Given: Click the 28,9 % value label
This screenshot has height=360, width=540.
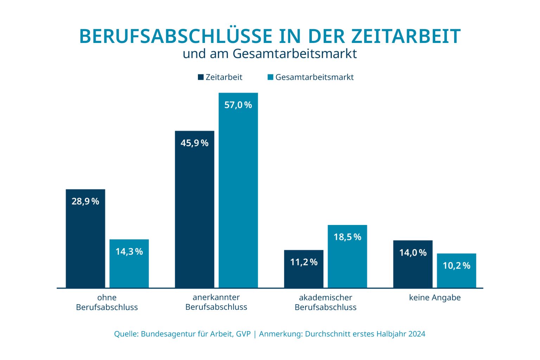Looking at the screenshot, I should click(x=85, y=201).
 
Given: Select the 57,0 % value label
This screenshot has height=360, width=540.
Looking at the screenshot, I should click(x=238, y=105).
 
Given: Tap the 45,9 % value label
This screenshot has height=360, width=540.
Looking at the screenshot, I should click(x=194, y=143).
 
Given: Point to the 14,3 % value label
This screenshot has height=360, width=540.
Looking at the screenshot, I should click(x=129, y=252).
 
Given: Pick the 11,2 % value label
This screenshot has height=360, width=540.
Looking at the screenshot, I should click(x=304, y=262).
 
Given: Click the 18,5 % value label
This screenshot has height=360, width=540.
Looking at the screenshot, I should click(x=347, y=237).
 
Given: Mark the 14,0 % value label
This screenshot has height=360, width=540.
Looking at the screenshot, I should click(x=413, y=253).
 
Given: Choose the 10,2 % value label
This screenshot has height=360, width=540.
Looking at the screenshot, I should click(x=456, y=266).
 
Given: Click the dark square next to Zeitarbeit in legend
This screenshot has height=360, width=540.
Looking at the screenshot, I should click(x=201, y=77).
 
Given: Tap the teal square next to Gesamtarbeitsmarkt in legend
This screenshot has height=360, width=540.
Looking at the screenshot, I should click(x=270, y=77).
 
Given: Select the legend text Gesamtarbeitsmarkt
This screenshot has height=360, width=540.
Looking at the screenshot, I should click(x=314, y=77).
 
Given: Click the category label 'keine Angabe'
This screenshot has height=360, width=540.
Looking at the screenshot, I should click(x=435, y=298).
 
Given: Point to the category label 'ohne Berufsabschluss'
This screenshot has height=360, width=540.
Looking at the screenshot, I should click(x=107, y=302).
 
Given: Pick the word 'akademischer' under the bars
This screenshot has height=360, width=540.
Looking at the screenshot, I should click(x=326, y=298).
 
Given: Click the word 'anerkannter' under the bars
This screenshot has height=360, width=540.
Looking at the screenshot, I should click(x=216, y=297).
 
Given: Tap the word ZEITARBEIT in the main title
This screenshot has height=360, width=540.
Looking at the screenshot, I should click(x=406, y=37).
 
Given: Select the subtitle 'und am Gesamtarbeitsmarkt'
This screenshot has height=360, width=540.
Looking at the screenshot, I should click(x=270, y=54).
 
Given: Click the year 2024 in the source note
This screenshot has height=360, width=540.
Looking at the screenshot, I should click(x=417, y=334).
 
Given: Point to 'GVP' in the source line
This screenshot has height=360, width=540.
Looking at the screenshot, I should click(x=243, y=334).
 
